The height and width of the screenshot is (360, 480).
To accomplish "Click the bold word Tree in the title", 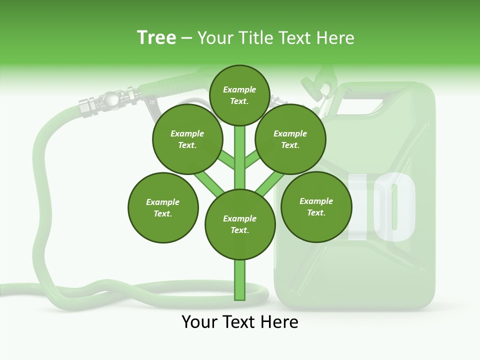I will [x=156, y=37].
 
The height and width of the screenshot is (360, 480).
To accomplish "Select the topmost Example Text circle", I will [x=239, y=95].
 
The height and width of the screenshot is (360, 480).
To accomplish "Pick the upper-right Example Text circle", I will [x=290, y=139].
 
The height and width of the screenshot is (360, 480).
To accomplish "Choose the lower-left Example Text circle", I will [x=163, y=207].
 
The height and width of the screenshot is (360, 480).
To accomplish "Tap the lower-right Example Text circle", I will [x=316, y=206].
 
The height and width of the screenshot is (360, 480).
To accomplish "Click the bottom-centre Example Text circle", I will [x=240, y=224].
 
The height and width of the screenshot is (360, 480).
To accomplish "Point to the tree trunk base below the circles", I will [x=240, y=280].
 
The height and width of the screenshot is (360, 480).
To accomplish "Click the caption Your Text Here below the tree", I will [x=240, y=322].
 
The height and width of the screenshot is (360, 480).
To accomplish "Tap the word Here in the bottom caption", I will [x=278, y=322].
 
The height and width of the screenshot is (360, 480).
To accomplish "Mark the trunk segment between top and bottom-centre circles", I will [x=240, y=157].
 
